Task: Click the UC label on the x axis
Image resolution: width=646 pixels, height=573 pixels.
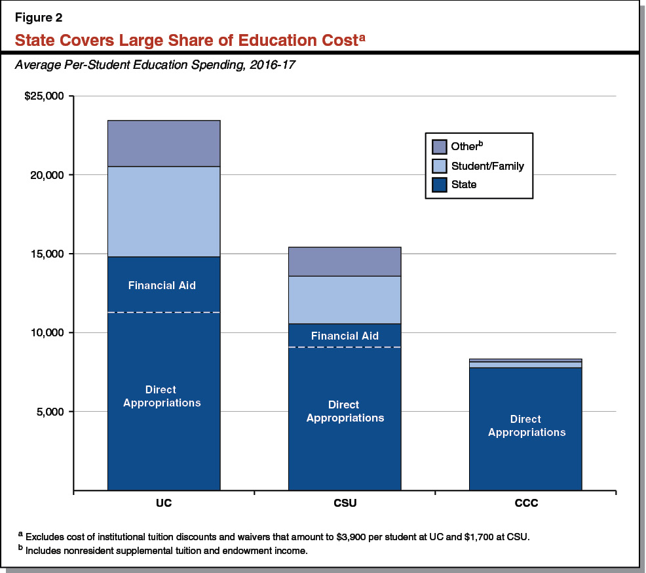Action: point(164,505)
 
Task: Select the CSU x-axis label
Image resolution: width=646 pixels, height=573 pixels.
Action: point(345,505)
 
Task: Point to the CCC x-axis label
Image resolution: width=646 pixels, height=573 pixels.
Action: point(525,505)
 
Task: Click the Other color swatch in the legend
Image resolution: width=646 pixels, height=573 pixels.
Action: point(440,147)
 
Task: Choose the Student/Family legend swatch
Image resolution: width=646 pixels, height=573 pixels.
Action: point(440,166)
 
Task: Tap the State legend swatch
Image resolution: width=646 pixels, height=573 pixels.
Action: point(440,185)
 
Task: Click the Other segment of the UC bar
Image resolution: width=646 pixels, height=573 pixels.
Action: point(164,144)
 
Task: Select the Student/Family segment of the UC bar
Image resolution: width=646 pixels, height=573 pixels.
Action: point(164,212)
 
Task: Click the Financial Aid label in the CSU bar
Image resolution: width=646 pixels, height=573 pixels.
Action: point(345,336)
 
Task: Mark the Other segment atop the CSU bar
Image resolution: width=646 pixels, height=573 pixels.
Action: point(345,262)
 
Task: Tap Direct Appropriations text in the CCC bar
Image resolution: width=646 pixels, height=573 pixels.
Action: point(526,425)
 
